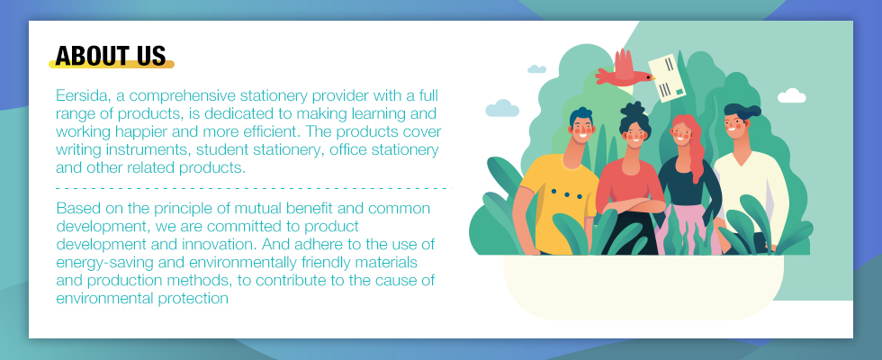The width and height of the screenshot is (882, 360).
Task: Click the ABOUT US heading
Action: (x=111, y=56)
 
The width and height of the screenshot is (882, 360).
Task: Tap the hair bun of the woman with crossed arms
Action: (x=634, y=109)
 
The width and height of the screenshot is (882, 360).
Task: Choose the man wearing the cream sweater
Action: (x=748, y=180)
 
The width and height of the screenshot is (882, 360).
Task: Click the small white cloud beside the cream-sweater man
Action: (x=791, y=95)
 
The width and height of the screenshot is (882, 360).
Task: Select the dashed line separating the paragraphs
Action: (x=254, y=188)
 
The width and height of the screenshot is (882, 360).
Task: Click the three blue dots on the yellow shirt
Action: (x=566, y=194)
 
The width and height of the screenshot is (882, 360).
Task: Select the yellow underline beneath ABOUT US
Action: (x=112, y=65)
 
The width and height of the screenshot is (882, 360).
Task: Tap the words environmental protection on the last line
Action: (x=142, y=299)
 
